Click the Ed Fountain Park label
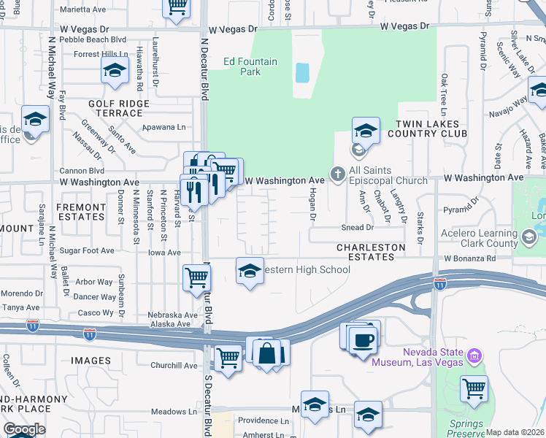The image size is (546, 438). (x=250, y=66)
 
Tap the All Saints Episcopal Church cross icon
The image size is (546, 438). (x=337, y=174)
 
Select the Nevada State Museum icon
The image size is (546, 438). (x=475, y=356)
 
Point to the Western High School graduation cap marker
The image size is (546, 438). (x=250, y=271)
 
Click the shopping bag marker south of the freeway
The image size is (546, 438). (x=268, y=353)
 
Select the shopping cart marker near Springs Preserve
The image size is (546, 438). (x=474, y=388)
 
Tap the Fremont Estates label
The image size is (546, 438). (x=80, y=212)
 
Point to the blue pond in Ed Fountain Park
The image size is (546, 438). (x=301, y=72)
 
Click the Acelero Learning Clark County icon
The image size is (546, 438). (x=529, y=237)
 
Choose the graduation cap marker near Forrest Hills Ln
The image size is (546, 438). (x=115, y=71)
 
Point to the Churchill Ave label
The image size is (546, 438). (x=174, y=366)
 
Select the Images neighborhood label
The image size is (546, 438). (x=91, y=361)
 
